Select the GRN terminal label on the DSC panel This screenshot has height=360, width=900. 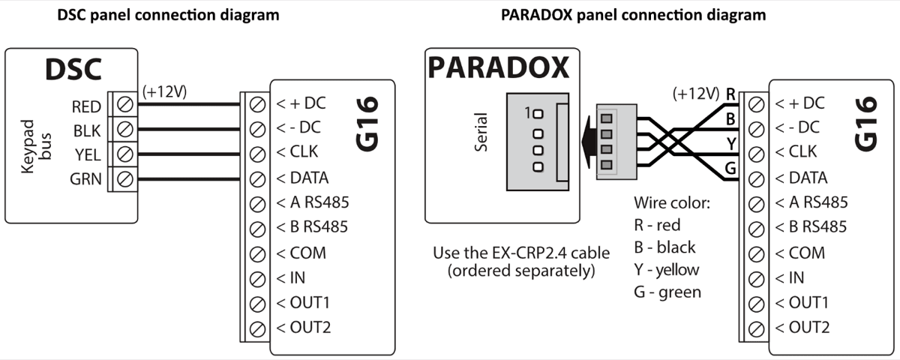pos(87,179)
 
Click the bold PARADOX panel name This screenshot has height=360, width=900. pos(498,68)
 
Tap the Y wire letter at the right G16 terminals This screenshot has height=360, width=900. pos(730,143)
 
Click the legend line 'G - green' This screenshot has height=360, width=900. pos(667,292)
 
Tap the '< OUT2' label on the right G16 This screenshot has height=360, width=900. pos(802,327)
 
